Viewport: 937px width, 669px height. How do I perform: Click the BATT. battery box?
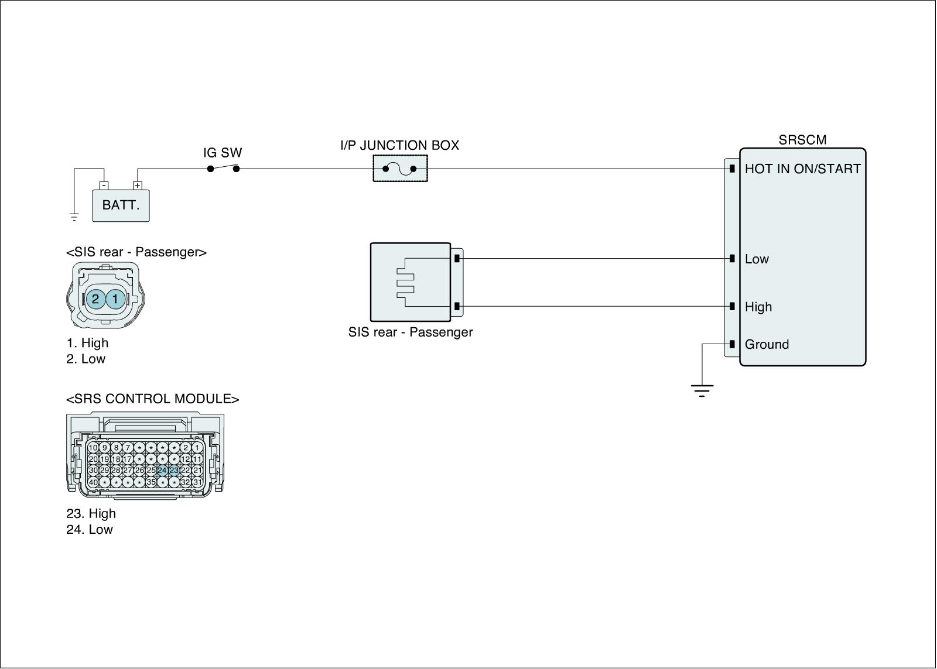[121, 205]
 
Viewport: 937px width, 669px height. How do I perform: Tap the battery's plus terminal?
[137, 186]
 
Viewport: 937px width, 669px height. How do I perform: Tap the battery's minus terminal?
[104, 186]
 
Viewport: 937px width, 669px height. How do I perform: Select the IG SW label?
[223, 153]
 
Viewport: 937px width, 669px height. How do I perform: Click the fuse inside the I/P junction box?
[400, 169]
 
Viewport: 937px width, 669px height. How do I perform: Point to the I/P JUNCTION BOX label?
[400, 145]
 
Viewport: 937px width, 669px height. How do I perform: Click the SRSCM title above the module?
[802, 140]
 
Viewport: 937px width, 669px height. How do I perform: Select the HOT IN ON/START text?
[802, 169]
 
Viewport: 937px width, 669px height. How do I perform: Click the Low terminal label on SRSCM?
[757, 259]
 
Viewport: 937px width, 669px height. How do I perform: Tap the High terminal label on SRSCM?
[758, 307]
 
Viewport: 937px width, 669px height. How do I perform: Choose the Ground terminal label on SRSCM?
[767, 345]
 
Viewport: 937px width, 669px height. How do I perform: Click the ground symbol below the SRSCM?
[702, 390]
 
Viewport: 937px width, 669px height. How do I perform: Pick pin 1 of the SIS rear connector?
[115, 299]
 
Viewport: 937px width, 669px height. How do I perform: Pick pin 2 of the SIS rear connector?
[95, 299]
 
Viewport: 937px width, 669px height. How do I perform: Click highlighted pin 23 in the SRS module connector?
[174, 470]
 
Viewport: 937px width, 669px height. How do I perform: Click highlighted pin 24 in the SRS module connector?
[162, 470]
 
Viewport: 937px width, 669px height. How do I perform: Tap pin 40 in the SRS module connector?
[93, 482]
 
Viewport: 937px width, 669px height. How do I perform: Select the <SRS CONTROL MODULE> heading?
[153, 399]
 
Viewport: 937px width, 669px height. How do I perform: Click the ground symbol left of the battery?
[74, 217]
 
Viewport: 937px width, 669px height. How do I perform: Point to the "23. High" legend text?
[91, 514]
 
